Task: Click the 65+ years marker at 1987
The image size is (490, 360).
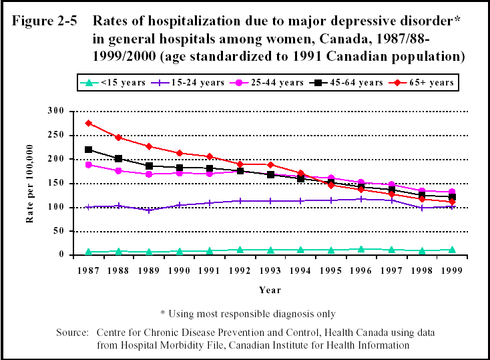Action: pyautogui.click(x=88, y=123)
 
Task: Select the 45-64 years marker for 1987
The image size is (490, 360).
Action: pyautogui.click(x=88, y=150)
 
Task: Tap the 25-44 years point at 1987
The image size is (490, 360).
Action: pyautogui.click(x=88, y=164)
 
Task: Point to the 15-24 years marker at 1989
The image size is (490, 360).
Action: pyautogui.click(x=149, y=210)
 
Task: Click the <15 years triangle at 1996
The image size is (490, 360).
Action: pyautogui.click(x=360, y=249)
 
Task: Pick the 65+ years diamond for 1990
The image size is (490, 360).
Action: pyautogui.click(x=179, y=153)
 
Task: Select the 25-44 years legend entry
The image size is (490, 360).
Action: pyautogui.click(x=263, y=83)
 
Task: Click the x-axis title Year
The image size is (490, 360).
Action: pyautogui.click(x=270, y=291)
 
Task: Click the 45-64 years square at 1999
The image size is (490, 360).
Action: pyautogui.click(x=451, y=197)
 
